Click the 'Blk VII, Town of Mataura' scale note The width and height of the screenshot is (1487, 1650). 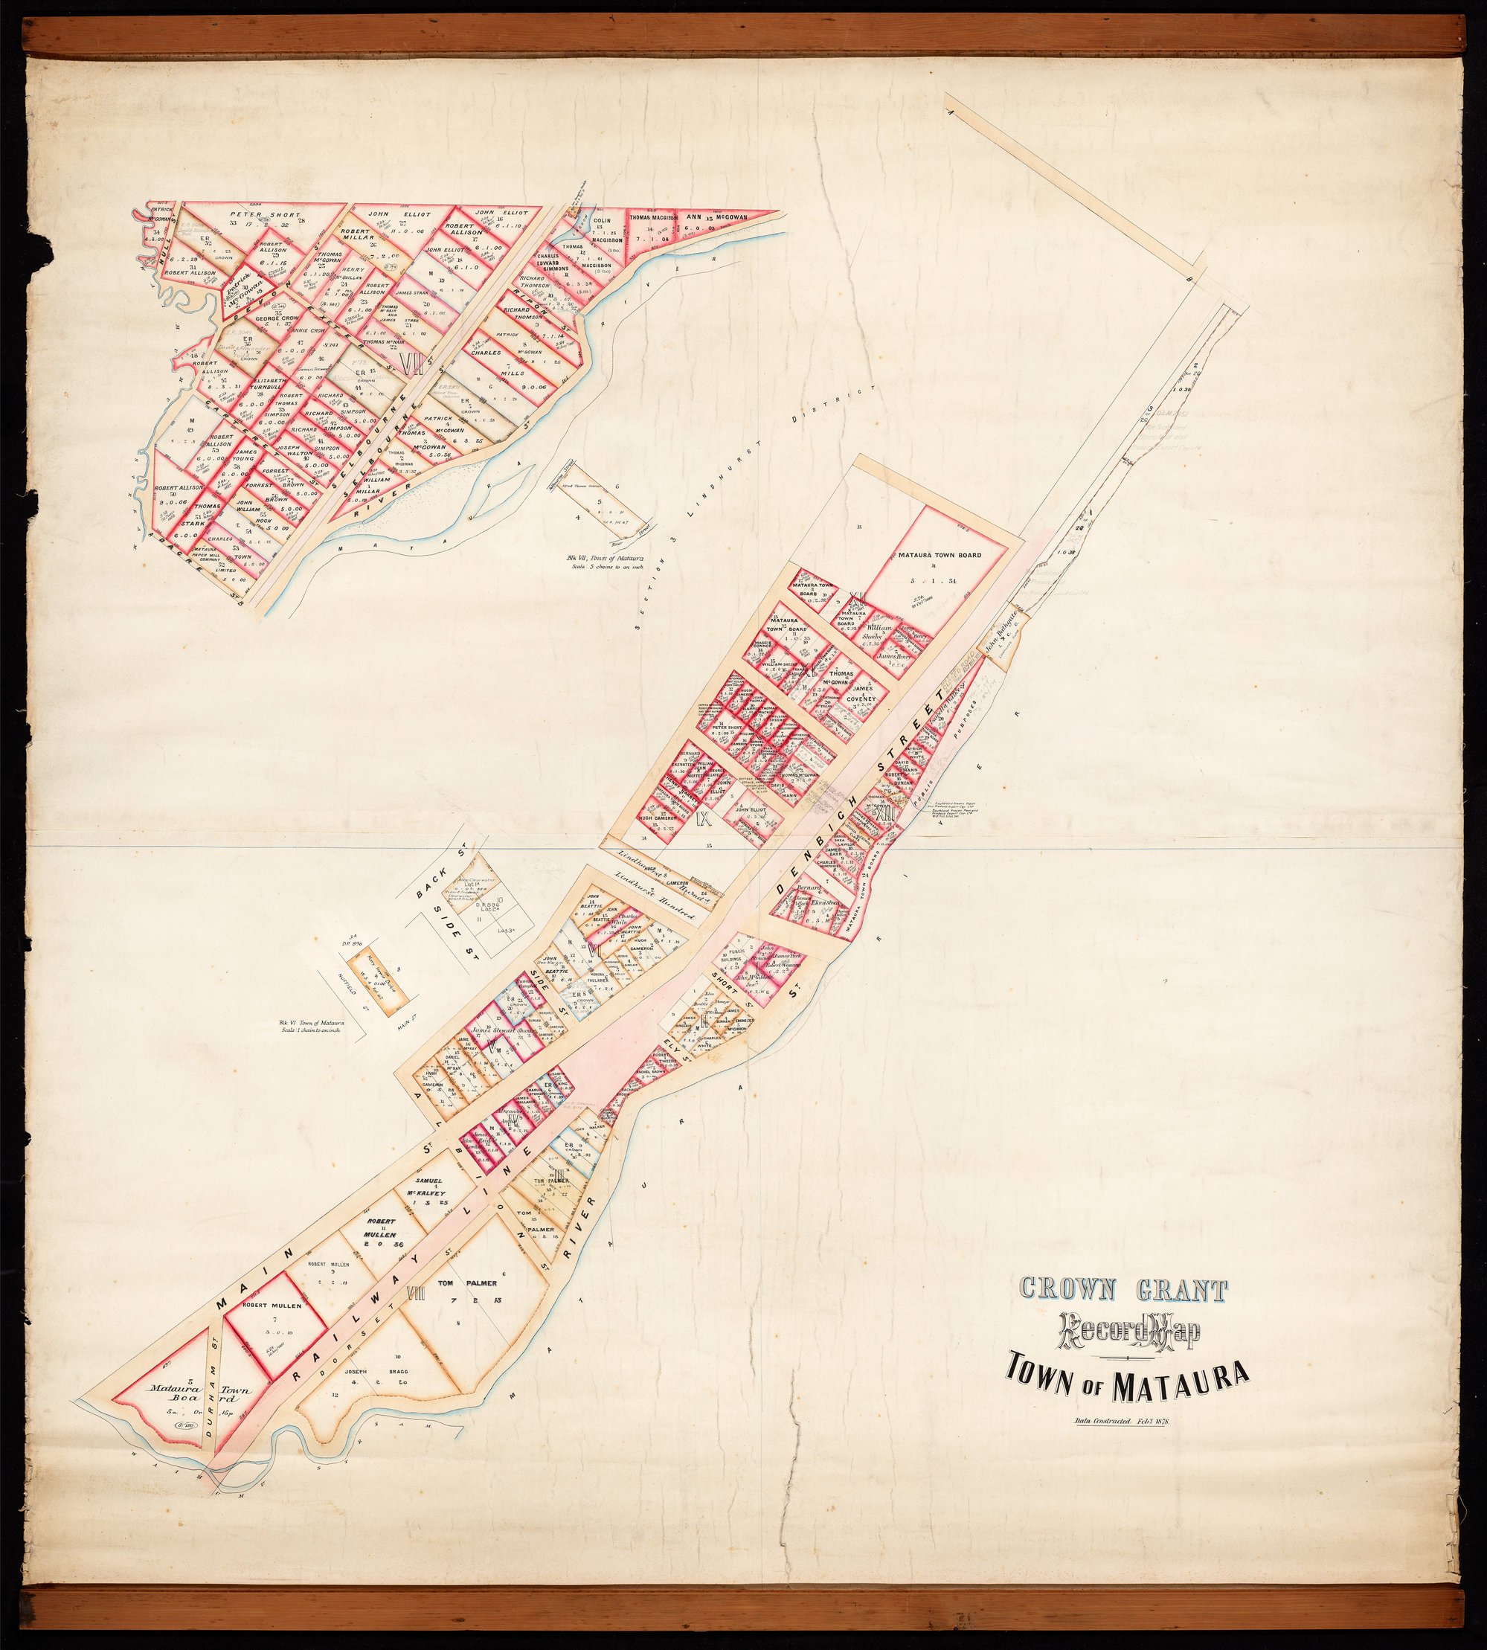tap(603, 562)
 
